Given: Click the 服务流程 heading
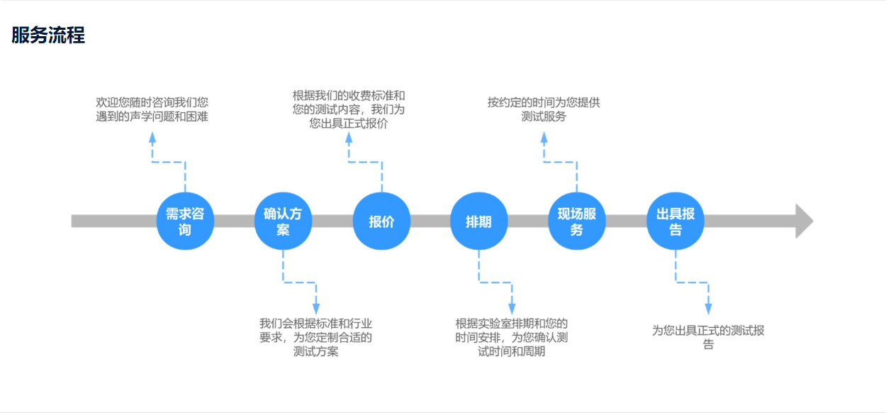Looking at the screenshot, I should (48, 35).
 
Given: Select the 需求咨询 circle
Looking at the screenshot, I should (185, 221).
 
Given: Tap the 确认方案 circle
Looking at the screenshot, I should (283, 221).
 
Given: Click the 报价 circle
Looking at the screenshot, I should (381, 221).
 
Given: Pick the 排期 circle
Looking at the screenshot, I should (478, 221).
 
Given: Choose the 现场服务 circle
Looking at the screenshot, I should (576, 221).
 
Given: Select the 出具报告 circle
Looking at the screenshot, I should (675, 221).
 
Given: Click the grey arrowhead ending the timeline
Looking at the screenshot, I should (804, 221).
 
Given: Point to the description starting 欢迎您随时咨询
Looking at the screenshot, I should (152, 109).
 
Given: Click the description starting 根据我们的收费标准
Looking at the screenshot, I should (349, 109).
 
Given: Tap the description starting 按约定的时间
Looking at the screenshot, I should (544, 109).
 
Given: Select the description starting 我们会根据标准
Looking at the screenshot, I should (315, 336).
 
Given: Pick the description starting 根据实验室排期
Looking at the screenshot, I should (512, 336).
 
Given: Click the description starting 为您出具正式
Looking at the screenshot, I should (708, 336).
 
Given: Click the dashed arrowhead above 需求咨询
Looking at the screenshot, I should (152, 137).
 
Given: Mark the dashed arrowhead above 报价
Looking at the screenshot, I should (349, 137).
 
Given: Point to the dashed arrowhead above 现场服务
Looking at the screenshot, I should (544, 137).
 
